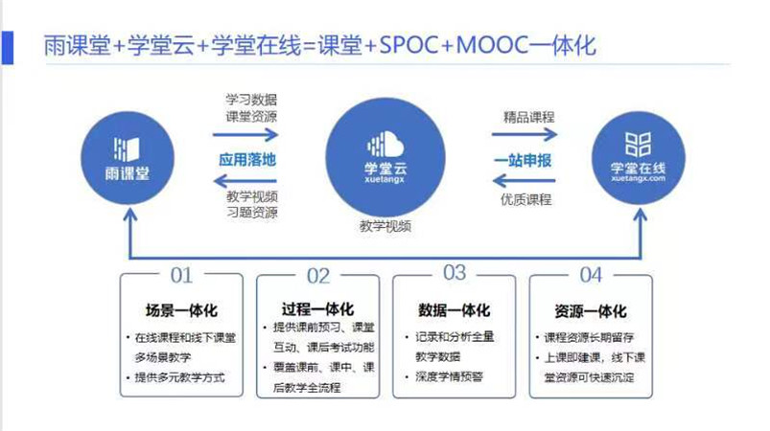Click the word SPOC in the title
pyautogui.click(x=408, y=46)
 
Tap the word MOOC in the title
pyautogui.click(x=492, y=46)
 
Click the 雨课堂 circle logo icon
pyautogui.click(x=128, y=148)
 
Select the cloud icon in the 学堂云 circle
pyautogui.click(x=385, y=145)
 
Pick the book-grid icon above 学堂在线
pyautogui.click(x=638, y=145)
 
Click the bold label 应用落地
pyautogui.click(x=247, y=160)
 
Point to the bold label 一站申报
pyautogui.click(x=523, y=160)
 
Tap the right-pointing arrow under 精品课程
pyautogui.click(x=525, y=134)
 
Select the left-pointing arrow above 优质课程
pyautogui.click(x=524, y=181)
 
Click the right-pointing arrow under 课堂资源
pyautogui.click(x=245, y=134)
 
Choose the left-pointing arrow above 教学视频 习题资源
pyautogui.click(x=245, y=181)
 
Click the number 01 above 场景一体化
pyautogui.click(x=181, y=276)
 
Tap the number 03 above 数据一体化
pyautogui.click(x=455, y=273)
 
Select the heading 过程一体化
pyautogui.click(x=317, y=309)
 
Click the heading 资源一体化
pyautogui.click(x=591, y=311)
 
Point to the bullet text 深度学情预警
pyautogui.click(x=449, y=376)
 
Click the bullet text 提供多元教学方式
pyautogui.click(x=179, y=377)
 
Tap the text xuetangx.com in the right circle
pyautogui.click(x=639, y=178)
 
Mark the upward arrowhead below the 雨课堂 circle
pyautogui.click(x=130, y=215)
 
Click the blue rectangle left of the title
pyautogui.click(x=8, y=48)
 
